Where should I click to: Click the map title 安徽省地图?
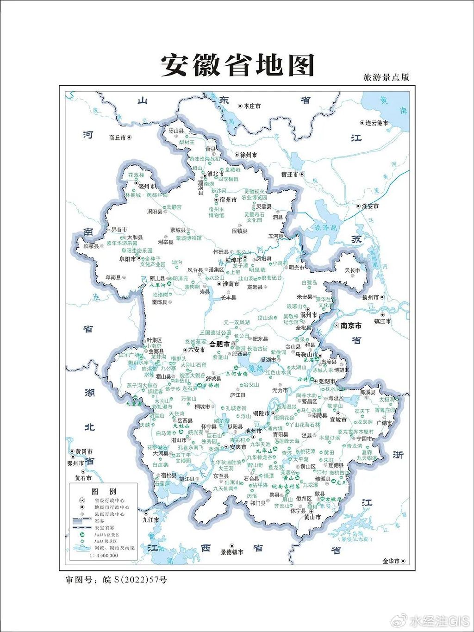point(237,66)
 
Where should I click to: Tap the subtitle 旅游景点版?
point(386,77)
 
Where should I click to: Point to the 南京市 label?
point(351,326)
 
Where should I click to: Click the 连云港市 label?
point(377,123)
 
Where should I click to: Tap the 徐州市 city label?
point(249,155)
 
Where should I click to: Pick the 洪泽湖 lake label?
point(326,228)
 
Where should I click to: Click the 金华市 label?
point(391,561)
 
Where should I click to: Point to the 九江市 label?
point(150,520)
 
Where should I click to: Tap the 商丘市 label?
point(117,138)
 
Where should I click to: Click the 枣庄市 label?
point(252,106)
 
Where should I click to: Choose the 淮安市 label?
point(370,206)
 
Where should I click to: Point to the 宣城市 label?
point(338,419)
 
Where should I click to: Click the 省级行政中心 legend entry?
point(109,501)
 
